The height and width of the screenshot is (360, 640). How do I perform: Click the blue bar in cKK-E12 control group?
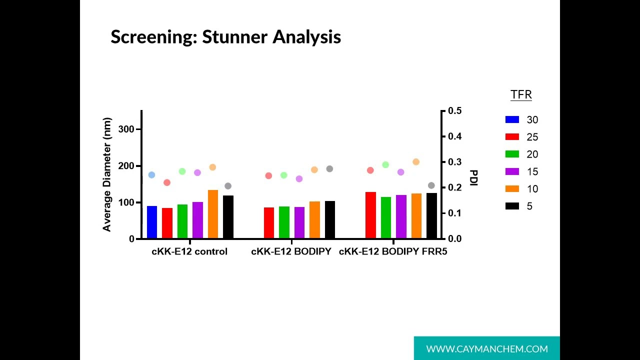(x=152, y=222)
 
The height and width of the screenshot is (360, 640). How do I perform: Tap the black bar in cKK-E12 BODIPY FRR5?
(x=431, y=215)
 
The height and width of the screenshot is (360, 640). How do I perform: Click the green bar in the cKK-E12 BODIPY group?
(x=284, y=222)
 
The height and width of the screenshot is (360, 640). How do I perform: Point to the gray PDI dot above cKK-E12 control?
(x=228, y=186)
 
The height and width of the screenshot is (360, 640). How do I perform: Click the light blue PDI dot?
(x=151, y=175)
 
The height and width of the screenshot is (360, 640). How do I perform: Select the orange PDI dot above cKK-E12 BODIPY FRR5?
(x=416, y=162)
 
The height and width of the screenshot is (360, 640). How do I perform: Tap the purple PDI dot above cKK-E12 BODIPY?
(x=299, y=178)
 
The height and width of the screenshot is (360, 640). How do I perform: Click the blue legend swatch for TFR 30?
(x=512, y=119)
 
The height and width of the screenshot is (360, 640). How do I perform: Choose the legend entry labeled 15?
(x=532, y=171)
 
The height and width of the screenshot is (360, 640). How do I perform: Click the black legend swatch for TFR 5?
(x=512, y=206)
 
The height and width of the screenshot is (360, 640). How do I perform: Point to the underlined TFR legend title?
(x=521, y=95)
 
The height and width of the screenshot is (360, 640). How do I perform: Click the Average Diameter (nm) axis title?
(x=107, y=174)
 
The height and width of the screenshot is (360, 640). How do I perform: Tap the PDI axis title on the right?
(x=473, y=177)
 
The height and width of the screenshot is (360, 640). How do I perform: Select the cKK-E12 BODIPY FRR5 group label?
(x=393, y=251)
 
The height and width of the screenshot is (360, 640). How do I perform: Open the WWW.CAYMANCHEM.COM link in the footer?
(x=486, y=349)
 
